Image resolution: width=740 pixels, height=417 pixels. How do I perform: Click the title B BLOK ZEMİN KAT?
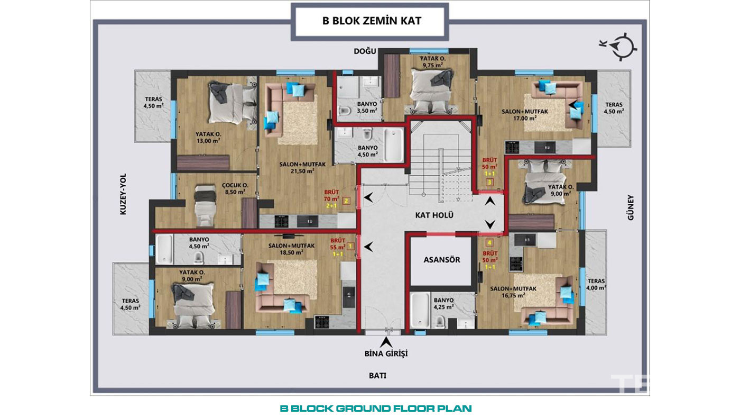coord(372,21)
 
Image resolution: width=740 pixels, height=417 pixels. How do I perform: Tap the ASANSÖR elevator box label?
coord(442,260)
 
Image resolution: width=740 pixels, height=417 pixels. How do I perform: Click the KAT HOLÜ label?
coord(434,215)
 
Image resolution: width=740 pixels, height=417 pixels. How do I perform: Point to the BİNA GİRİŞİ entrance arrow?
coord(386,342)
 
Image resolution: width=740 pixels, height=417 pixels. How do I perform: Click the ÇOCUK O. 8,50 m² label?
coord(235,189)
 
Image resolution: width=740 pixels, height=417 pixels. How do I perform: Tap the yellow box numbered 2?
coord(346,201)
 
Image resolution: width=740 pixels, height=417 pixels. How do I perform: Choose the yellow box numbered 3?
coord(489,182)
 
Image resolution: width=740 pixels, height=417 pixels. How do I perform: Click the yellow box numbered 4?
coord(489,243)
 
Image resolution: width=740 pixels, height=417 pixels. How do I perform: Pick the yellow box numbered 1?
coord(350,246)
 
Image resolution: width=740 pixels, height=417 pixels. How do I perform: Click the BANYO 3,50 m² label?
coord(367,107)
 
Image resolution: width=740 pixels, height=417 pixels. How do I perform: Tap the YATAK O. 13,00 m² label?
coord(208,138)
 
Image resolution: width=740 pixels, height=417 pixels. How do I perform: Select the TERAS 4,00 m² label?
coord(596,284)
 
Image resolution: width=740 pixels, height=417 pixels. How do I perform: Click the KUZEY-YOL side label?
coord(123,194)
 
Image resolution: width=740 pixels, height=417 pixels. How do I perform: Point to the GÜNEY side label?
coord(631,207)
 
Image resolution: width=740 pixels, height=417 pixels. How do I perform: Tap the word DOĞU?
coord(365,51)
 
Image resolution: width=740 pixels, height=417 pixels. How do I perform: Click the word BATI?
coord(377,376)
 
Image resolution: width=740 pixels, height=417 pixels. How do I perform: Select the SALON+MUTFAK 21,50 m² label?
coord(302,168)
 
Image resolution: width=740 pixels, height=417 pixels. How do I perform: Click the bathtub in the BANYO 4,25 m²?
coord(420,311)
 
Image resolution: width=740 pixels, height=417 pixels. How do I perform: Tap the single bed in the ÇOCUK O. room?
coord(205,206)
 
